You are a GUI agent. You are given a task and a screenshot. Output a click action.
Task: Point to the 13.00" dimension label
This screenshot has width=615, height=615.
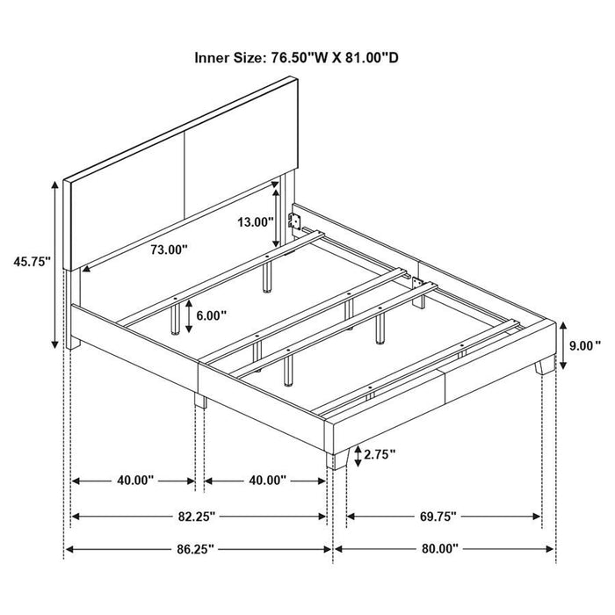click(256, 222)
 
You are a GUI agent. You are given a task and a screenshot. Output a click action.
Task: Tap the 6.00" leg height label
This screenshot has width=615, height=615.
click(213, 315)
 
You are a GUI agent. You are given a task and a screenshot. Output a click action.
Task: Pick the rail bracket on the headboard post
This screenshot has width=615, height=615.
click(297, 218)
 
